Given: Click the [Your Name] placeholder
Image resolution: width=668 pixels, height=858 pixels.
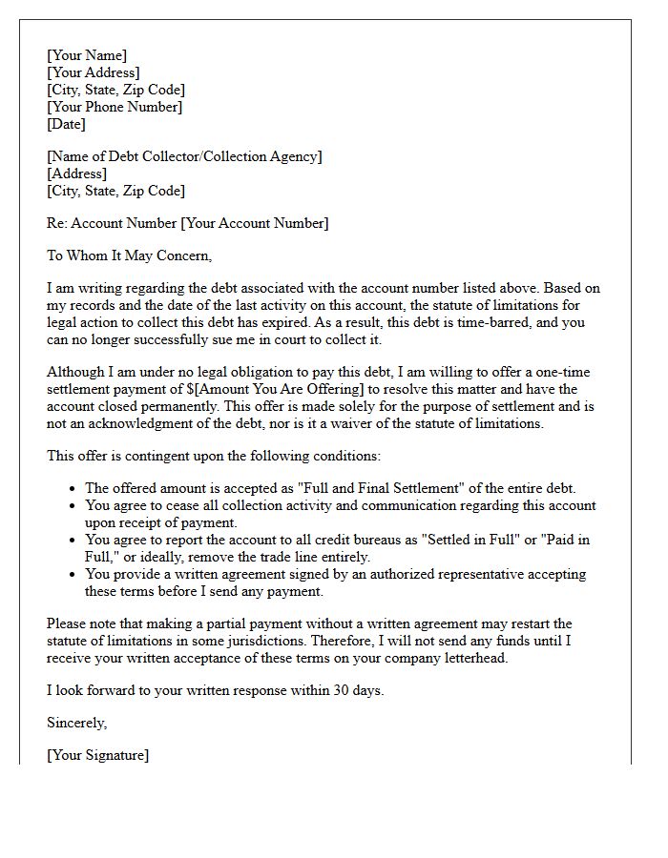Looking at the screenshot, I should tap(87, 55).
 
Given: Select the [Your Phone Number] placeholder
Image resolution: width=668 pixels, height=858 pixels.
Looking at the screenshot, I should tap(115, 107).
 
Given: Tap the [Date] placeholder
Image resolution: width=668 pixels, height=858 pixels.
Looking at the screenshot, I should tap(66, 124).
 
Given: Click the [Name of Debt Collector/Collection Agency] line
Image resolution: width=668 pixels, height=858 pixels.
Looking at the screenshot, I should tap(184, 156).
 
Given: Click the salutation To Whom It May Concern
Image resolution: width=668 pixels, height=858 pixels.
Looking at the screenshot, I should tap(129, 255).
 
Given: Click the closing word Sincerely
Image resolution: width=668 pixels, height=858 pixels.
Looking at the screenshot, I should tap(77, 723).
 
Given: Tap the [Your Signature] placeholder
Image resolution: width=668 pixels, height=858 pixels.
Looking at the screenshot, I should tap(97, 755).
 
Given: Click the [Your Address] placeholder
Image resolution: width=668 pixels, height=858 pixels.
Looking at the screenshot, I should tap(94, 72).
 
